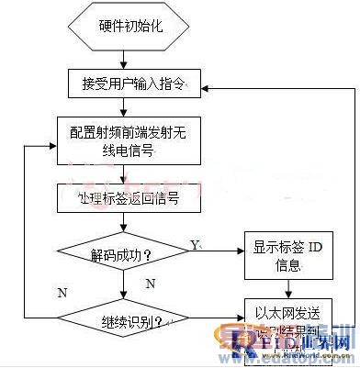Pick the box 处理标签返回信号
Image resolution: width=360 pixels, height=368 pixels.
pyautogui.click(x=120, y=196)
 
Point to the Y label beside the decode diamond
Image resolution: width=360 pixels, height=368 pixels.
pyautogui.click(x=195, y=243)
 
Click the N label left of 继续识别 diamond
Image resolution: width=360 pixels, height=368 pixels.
pyautogui.click(x=62, y=293)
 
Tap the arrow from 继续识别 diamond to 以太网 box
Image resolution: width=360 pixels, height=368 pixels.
pyautogui.click(x=215, y=320)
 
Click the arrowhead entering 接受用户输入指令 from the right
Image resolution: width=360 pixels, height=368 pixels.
pyautogui.click(x=204, y=87)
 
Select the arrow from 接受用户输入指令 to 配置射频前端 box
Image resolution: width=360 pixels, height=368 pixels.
pyautogui.click(x=128, y=106)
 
